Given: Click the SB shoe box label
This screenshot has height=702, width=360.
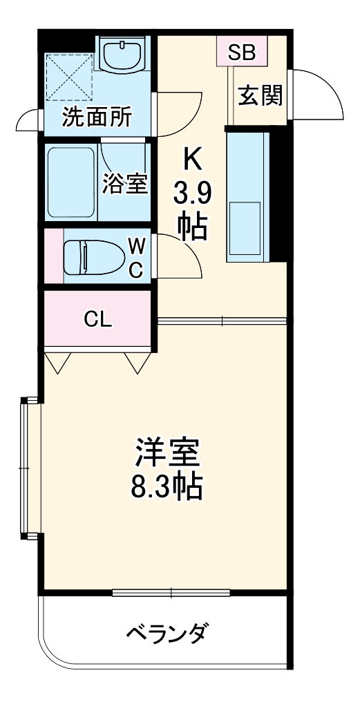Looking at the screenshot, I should [x=241, y=52].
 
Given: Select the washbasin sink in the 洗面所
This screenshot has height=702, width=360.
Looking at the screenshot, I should [x=123, y=53].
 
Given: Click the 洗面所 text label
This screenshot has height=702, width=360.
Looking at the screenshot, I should [x=97, y=117].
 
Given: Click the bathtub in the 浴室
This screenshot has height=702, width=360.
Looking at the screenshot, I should [x=71, y=182].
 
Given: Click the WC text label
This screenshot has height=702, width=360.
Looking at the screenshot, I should [x=137, y=257].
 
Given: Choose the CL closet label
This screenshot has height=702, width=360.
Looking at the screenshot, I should [x=99, y=319].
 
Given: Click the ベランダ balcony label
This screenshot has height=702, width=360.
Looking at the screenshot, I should [x=167, y=632].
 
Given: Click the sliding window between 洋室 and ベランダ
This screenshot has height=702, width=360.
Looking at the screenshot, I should [x=171, y=592].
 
